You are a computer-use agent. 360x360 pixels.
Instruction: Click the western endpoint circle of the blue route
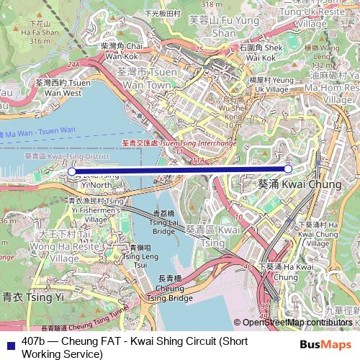click(x=71, y=171)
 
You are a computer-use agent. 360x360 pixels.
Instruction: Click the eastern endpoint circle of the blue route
click(x=288, y=168)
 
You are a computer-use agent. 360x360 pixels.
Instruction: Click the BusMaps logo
click(x=325, y=344)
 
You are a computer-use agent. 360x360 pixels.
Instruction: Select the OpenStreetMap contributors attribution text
click(x=297, y=323)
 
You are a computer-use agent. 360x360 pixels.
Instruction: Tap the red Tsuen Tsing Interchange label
click(x=179, y=143)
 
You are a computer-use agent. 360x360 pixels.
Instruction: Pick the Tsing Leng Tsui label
click(x=140, y=256)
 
